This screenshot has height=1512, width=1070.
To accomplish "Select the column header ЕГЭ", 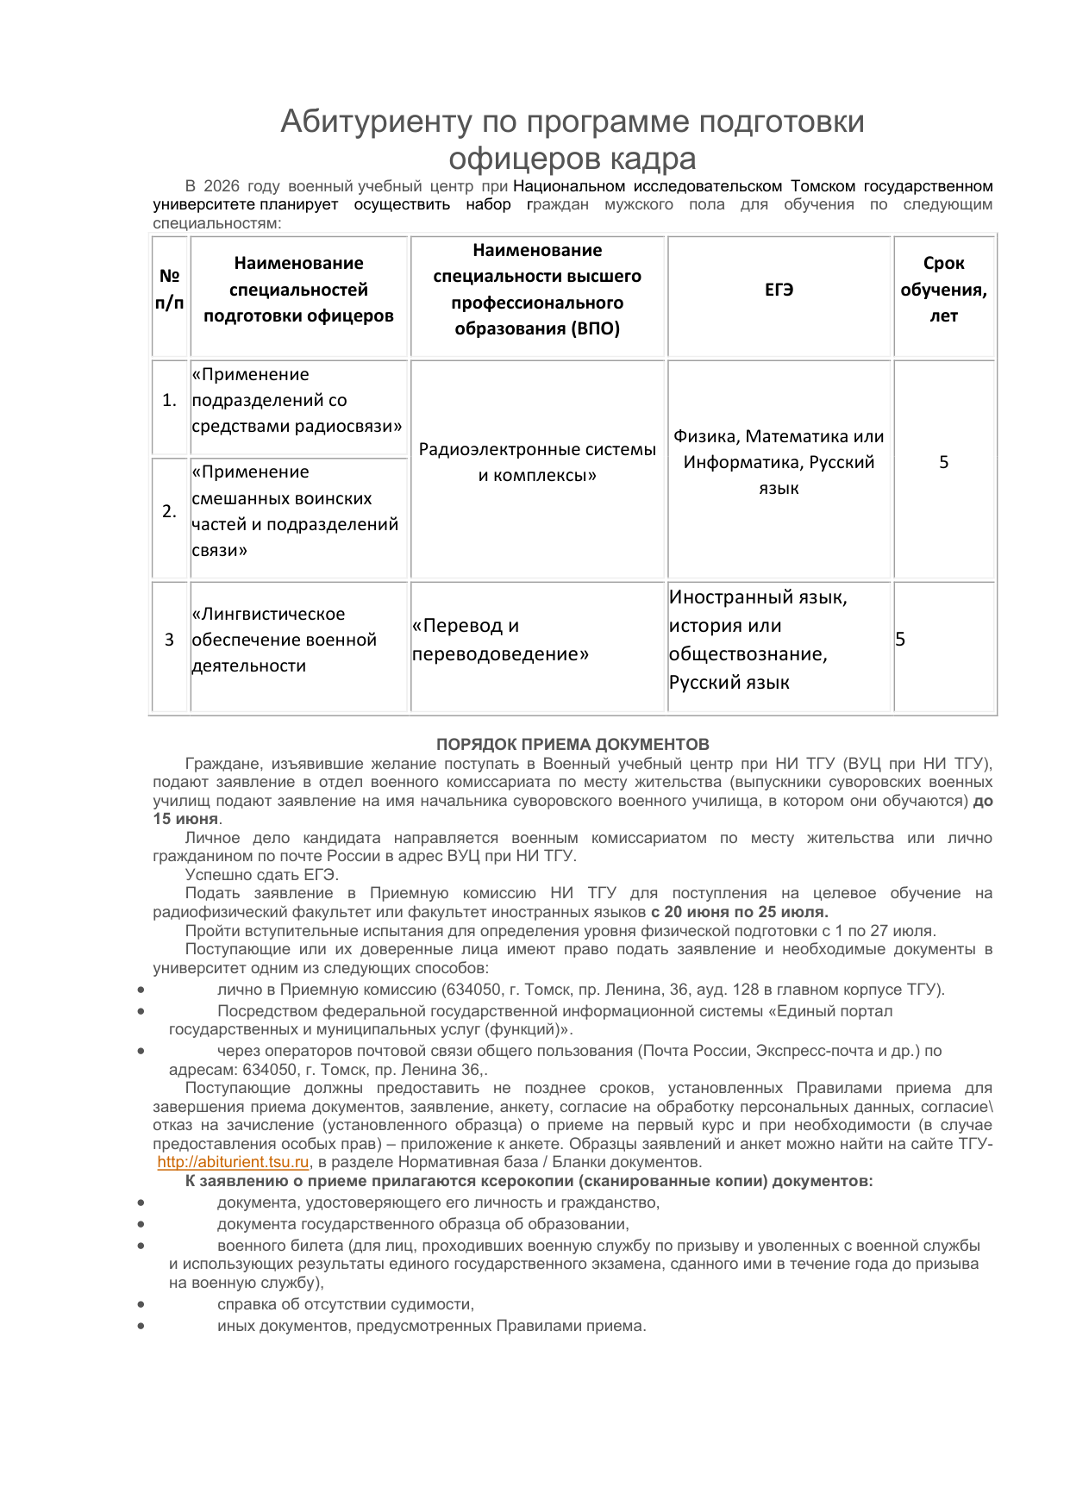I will pyautogui.click(x=779, y=290).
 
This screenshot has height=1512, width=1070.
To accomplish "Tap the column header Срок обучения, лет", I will pyautogui.click(x=943, y=290).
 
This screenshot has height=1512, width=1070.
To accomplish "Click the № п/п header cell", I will pyautogui.click(x=170, y=290).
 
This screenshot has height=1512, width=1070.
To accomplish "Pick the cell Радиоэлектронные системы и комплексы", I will pyautogui.click(x=537, y=462).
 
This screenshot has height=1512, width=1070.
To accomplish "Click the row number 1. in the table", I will pyautogui.click(x=170, y=400).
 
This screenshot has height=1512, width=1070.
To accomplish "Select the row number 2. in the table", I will pyautogui.click(x=170, y=511).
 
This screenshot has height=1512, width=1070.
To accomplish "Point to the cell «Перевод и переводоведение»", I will pyautogui.click(x=500, y=640).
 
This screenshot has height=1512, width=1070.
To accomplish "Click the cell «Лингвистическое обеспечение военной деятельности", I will pyautogui.click(x=285, y=640).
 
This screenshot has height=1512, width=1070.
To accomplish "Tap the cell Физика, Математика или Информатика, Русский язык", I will pyautogui.click(x=779, y=462).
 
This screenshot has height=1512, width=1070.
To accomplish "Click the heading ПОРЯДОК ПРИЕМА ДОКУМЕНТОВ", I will pyautogui.click(x=573, y=745).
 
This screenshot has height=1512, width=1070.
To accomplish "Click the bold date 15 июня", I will pyautogui.click(x=186, y=819).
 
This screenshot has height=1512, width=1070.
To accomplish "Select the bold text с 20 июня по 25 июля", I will pyautogui.click(x=739, y=912).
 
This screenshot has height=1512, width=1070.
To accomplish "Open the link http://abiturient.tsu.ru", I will pyautogui.click(x=233, y=1162).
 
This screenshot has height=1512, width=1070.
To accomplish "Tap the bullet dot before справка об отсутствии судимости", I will pyautogui.click(x=141, y=1304).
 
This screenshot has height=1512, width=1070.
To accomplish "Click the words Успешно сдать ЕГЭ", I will pyautogui.click(x=262, y=875).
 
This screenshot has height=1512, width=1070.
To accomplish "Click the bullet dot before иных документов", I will pyautogui.click(x=141, y=1326).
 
